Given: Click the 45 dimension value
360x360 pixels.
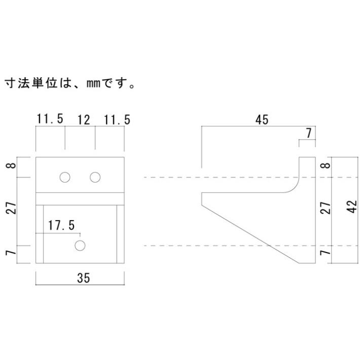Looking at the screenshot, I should (x=262, y=120).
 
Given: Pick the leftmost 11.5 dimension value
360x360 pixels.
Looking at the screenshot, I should (x=50, y=120).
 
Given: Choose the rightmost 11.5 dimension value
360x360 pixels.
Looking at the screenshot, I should (x=117, y=120).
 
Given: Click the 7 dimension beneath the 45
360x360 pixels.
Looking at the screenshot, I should (x=309, y=134).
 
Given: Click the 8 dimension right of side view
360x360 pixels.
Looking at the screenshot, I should (x=326, y=165).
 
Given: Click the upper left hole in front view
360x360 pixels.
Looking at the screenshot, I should (x=64, y=177).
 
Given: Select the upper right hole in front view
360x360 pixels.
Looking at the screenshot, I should (x=95, y=177).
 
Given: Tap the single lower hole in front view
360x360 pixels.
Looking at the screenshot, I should (x=80, y=246).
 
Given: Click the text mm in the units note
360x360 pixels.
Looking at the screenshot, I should (x=92, y=82).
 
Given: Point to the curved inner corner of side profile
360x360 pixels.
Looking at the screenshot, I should (x=294, y=188).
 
